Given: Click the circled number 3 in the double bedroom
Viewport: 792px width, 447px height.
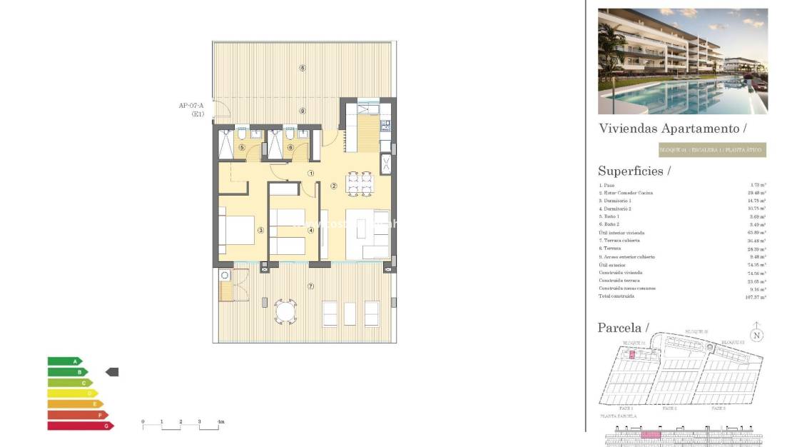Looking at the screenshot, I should click(x=260, y=230).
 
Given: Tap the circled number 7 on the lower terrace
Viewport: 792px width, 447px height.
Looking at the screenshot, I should click(x=310, y=286).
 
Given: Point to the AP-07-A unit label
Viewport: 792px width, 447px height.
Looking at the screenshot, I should click(x=191, y=110).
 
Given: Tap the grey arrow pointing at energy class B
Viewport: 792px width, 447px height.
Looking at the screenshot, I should click(x=112, y=372).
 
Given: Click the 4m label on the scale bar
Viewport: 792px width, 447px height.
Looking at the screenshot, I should click(x=220, y=422).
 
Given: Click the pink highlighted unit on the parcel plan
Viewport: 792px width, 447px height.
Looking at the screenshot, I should click(x=631, y=354).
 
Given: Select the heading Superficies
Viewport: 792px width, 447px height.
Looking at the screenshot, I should click(x=634, y=171).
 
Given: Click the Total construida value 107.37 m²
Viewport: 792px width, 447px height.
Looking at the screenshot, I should click(x=754, y=296).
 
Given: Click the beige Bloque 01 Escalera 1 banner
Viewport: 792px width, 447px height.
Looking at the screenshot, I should click(x=711, y=150).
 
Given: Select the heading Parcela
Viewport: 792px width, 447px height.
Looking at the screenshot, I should click(x=623, y=328).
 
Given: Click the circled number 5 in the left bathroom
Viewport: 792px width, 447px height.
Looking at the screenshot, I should click(x=242, y=148).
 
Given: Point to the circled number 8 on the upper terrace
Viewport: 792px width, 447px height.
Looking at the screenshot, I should click(x=303, y=69).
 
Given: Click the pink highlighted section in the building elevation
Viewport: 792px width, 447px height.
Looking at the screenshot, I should click(x=650, y=434).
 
